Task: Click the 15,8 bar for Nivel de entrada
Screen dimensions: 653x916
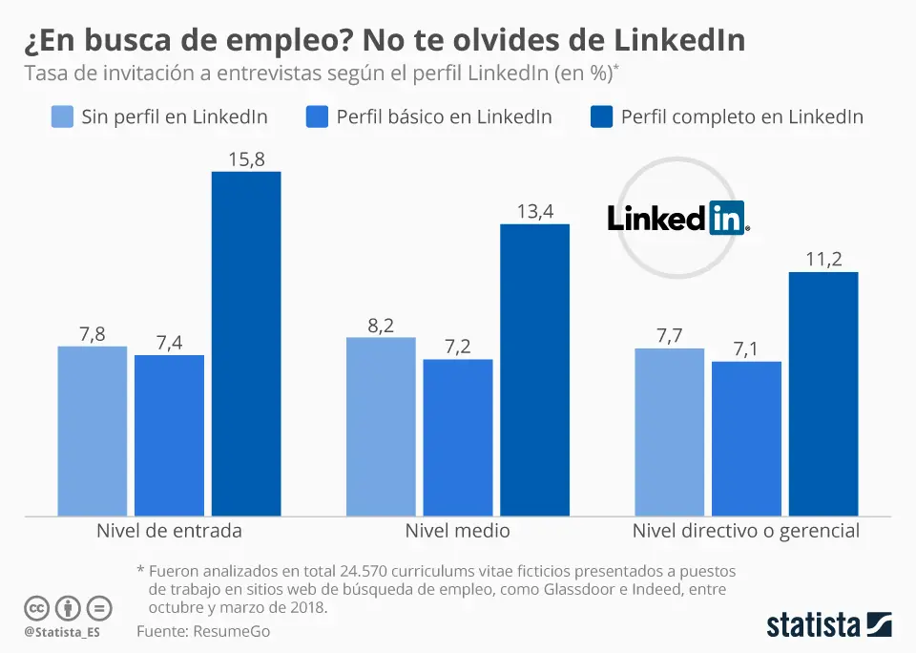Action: tap(245, 344)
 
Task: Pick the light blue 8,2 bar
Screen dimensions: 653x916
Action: tap(381, 427)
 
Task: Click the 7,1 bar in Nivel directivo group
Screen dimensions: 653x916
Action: tap(746, 439)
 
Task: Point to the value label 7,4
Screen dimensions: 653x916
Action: tap(169, 343)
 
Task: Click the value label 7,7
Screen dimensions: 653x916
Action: tap(670, 336)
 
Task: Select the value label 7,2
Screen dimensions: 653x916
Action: tap(458, 347)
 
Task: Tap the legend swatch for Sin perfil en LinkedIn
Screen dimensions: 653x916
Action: tap(62, 117)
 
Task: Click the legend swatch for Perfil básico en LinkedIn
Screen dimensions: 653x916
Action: tap(317, 117)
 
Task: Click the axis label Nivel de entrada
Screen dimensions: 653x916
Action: tap(169, 531)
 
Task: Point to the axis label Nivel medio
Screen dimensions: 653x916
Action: tap(458, 531)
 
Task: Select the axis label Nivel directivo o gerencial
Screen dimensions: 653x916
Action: tap(746, 531)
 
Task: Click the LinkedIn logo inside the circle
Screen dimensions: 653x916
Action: tap(678, 218)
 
